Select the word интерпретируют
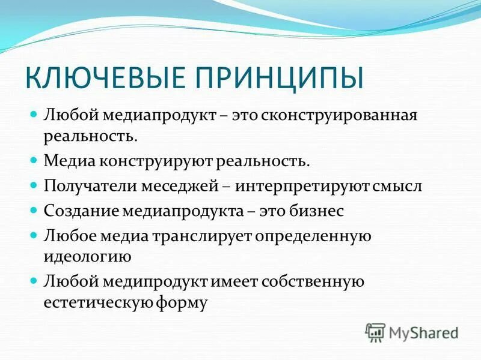pos(294,186)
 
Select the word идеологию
pos(87,257)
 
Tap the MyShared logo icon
pos(376,332)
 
